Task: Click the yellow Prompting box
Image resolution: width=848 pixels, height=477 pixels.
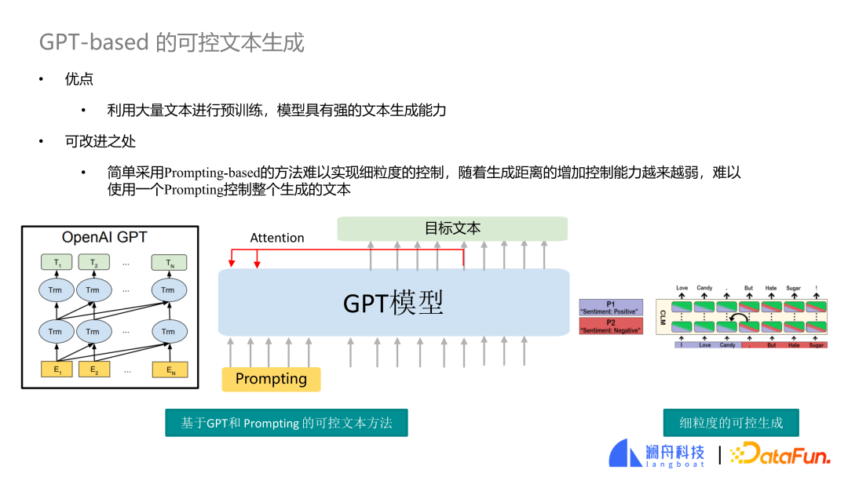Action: coord(271,379)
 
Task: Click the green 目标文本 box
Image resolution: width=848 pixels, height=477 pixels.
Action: coord(452,228)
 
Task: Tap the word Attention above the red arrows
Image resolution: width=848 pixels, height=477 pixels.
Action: coord(277,238)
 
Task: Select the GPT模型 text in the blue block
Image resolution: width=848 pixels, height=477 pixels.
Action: coord(393,303)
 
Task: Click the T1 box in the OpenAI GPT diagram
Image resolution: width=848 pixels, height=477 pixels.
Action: coord(55,263)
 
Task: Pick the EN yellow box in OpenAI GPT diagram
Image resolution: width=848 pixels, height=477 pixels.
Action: coord(168,370)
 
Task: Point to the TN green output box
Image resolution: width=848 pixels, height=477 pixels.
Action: coord(168,263)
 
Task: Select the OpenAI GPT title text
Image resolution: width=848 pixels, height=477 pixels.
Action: coord(104,237)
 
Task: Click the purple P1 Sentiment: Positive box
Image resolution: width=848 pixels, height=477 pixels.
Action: coord(611,308)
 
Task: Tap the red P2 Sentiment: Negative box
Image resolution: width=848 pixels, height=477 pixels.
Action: coord(611,326)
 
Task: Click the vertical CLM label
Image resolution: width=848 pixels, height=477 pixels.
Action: coord(663,317)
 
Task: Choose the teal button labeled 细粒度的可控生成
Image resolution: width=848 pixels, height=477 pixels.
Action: coord(730,423)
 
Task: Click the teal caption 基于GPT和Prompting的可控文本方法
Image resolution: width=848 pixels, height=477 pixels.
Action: coord(287,423)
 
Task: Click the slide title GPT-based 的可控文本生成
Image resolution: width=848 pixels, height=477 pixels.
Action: coord(172,42)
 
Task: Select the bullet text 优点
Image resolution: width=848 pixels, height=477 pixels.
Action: coord(79,79)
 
